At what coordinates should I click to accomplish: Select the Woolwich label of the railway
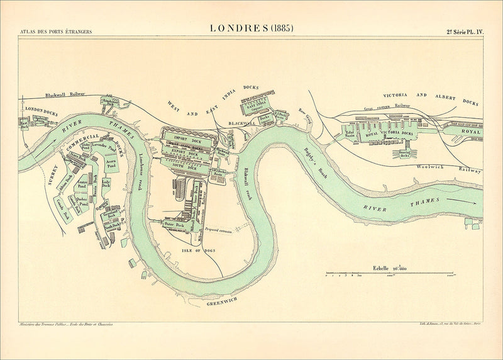pos(431,167)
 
